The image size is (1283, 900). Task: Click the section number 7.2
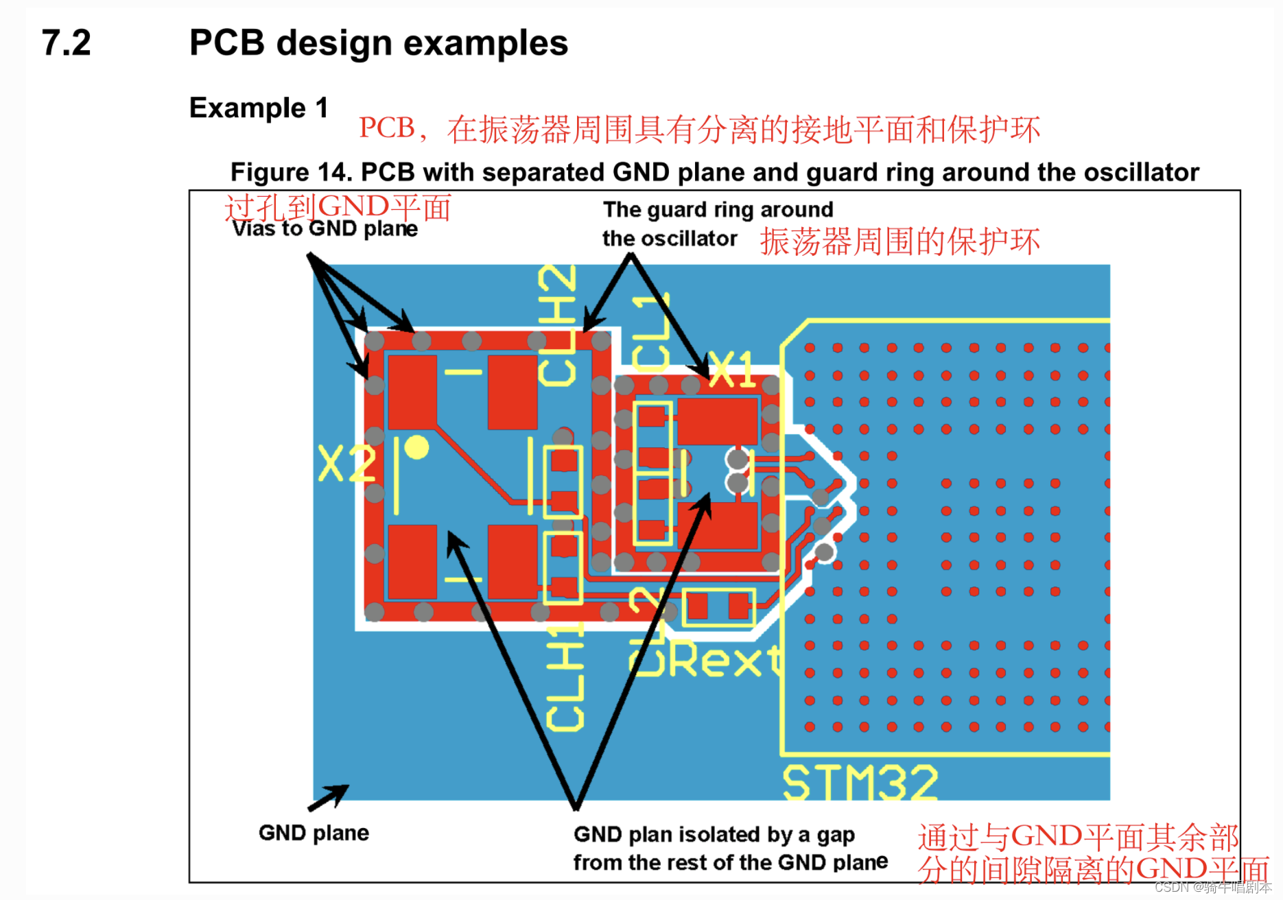66,43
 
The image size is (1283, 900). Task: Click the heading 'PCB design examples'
378,43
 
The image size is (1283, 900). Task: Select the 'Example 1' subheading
259,108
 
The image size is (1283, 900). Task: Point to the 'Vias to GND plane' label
325,229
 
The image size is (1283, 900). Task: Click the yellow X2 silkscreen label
347,464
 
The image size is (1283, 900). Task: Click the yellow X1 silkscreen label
732,370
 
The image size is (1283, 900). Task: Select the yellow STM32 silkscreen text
860,783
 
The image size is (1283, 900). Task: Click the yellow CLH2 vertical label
557,325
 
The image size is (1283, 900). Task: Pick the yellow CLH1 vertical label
565,676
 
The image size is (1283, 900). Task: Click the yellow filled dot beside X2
416,447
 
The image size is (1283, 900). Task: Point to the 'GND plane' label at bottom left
314,833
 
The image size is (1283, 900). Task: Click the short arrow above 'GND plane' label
329,797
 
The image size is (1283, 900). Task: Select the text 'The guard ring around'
718,209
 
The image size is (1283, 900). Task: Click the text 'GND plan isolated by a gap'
714,835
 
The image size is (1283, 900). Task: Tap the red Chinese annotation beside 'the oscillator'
899,241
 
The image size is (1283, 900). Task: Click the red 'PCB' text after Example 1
387,128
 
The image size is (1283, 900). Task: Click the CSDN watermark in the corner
1212,887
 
